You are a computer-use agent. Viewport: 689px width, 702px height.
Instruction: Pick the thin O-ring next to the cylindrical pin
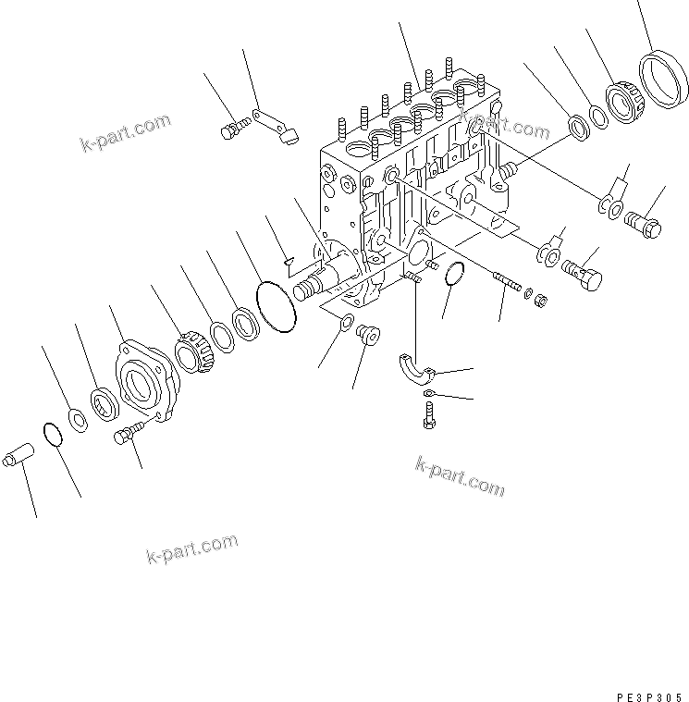(53, 434)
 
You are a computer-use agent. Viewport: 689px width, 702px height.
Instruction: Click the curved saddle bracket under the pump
(416, 365)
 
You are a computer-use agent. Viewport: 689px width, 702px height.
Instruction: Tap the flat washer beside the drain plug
(344, 322)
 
